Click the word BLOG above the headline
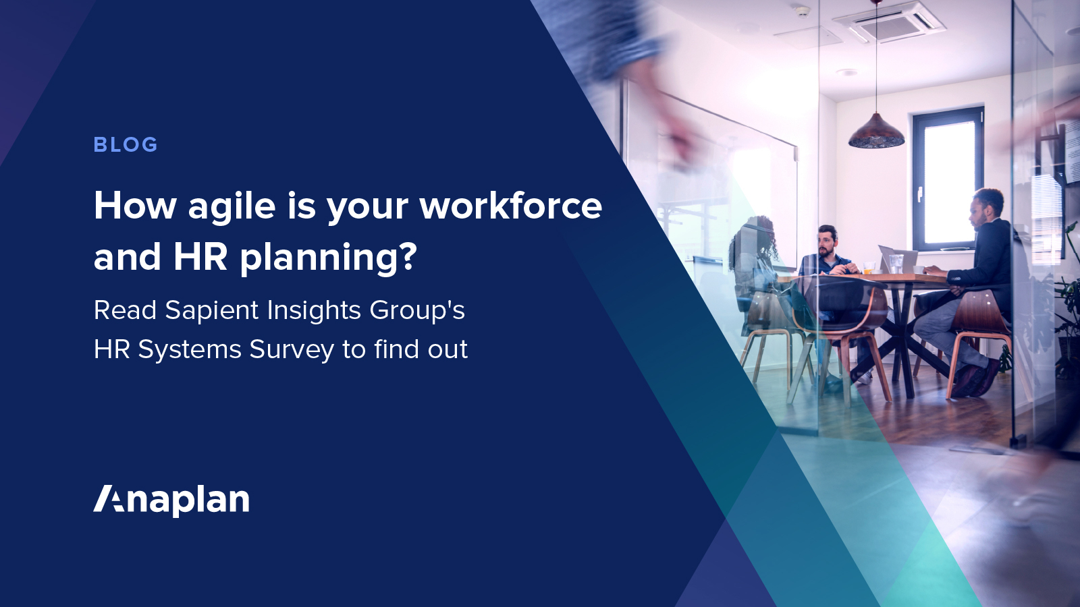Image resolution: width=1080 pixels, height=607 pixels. [126, 144]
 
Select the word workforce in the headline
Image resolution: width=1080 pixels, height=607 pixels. [510, 205]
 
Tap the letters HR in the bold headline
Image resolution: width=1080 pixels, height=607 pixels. [200, 257]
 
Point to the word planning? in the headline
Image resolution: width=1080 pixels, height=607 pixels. [328, 259]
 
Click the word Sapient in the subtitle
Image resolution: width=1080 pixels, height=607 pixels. [212, 311]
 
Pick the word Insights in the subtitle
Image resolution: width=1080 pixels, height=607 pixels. [314, 311]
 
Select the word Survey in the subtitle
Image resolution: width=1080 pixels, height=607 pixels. [291, 350]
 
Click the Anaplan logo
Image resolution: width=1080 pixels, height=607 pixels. [171, 500]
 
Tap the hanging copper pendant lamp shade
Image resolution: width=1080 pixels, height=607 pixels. [876, 132]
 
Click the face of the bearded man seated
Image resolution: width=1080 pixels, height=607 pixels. [826, 243]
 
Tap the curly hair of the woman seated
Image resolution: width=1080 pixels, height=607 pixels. [755, 240]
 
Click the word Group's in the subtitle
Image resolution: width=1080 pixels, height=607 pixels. [417, 311]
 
